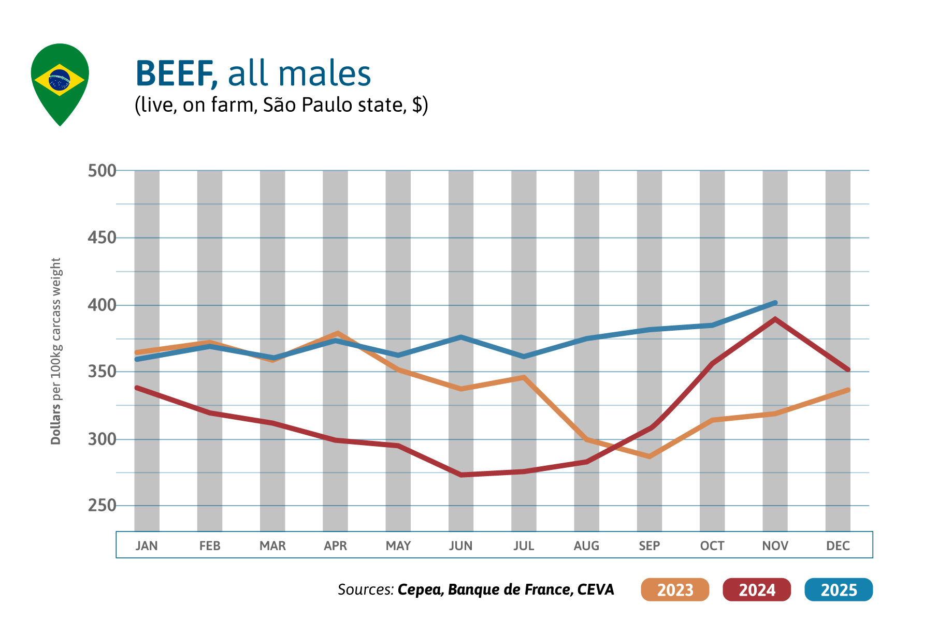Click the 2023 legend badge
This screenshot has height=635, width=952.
click(675, 589)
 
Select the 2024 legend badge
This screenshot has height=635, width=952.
click(757, 589)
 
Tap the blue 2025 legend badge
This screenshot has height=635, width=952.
click(839, 589)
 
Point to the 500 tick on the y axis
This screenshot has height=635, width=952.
click(102, 171)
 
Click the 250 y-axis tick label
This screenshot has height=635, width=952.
click(102, 506)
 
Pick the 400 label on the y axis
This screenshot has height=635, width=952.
click(102, 305)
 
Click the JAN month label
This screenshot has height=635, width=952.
click(147, 545)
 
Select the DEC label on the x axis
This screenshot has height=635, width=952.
click(838, 545)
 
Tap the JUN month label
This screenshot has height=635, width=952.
click(460, 545)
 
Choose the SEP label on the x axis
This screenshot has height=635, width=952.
click(649, 545)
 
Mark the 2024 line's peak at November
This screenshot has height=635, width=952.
click(775, 319)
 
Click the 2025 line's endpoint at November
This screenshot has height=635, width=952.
click(775, 303)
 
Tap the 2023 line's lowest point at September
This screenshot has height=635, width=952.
click(650, 456)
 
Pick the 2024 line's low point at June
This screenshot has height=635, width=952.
click(461, 475)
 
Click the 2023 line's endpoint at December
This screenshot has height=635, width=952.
click(847, 390)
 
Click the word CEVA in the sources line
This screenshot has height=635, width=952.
click(596, 589)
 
